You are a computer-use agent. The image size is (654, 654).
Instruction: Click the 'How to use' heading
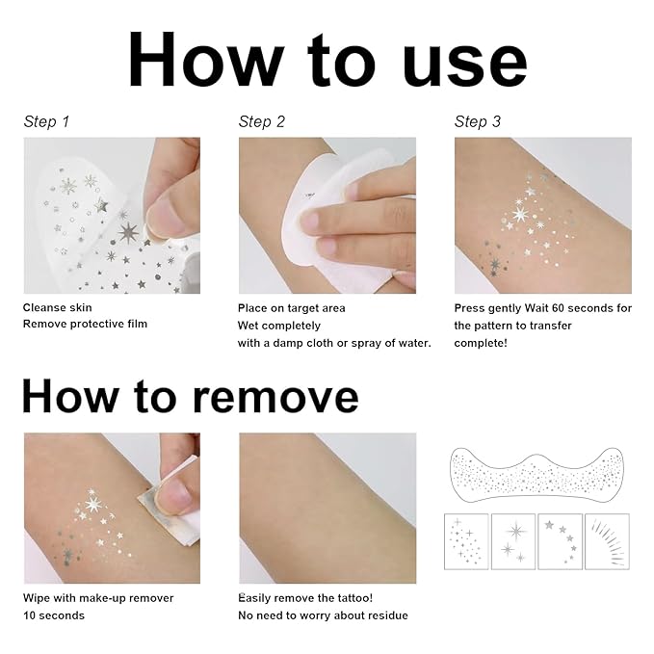click(x=327, y=60)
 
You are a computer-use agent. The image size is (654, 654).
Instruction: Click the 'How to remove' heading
click(x=190, y=396)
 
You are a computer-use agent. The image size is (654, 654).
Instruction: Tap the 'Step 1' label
click(x=46, y=121)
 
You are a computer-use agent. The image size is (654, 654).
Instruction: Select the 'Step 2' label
click(x=262, y=121)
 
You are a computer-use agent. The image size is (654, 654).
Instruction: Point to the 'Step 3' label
click(x=478, y=121)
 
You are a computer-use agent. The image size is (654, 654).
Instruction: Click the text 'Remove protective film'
click(x=85, y=325)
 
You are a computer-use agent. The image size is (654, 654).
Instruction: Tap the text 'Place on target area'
click(x=291, y=308)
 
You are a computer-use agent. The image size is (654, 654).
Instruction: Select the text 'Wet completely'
click(x=276, y=326)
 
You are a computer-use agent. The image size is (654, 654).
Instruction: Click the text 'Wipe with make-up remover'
click(x=98, y=598)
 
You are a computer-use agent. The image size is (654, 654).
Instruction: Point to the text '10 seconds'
click(x=53, y=615)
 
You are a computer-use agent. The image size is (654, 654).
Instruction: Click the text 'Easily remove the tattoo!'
click(x=305, y=598)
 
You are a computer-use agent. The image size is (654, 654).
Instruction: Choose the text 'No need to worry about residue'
click(x=323, y=615)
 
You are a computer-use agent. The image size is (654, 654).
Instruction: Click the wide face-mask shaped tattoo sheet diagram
click(x=539, y=473)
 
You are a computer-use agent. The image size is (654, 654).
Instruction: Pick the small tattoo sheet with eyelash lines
click(x=606, y=540)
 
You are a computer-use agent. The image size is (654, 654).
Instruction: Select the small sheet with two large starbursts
click(x=513, y=540)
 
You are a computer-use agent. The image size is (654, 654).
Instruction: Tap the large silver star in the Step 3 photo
click(x=521, y=213)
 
